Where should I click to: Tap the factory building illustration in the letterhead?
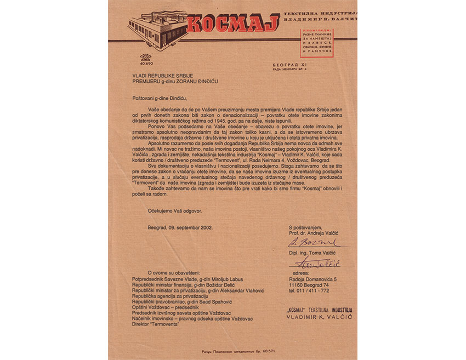[x=156, y=25]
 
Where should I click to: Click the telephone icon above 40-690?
[x=146, y=56]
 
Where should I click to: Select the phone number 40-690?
[x=146, y=64]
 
